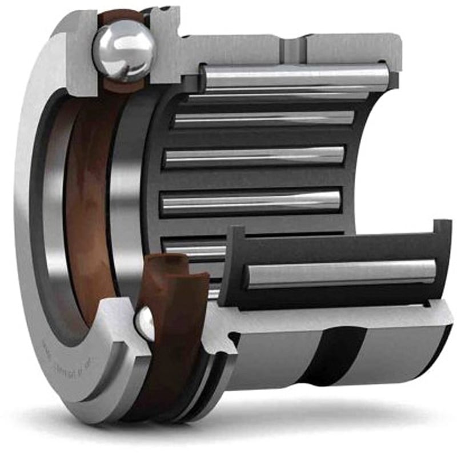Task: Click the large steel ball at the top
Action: pyautogui.click(x=125, y=48)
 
